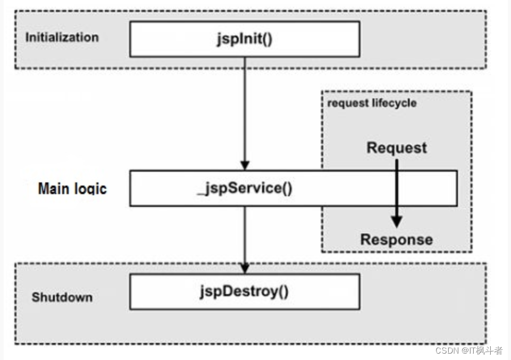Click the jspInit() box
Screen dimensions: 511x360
pos(245,39)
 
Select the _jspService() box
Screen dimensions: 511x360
pos(294,188)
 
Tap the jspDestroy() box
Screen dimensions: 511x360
pos(245,291)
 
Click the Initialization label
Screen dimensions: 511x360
pos(62,37)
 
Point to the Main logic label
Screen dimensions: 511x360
pos(72,189)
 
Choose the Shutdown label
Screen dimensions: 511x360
pos(62,297)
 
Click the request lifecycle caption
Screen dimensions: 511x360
pos(372,103)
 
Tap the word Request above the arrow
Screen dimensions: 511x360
pos(397,148)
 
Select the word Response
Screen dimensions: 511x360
pos(397,239)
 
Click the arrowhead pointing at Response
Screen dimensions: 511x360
pos(397,222)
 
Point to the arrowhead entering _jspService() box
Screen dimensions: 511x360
pos(245,165)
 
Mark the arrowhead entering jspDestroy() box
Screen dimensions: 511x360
pos(245,269)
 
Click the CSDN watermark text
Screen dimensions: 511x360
pos(469,350)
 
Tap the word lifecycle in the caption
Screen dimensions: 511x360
pos(395,103)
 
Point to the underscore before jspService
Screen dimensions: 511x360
pos(201,195)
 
